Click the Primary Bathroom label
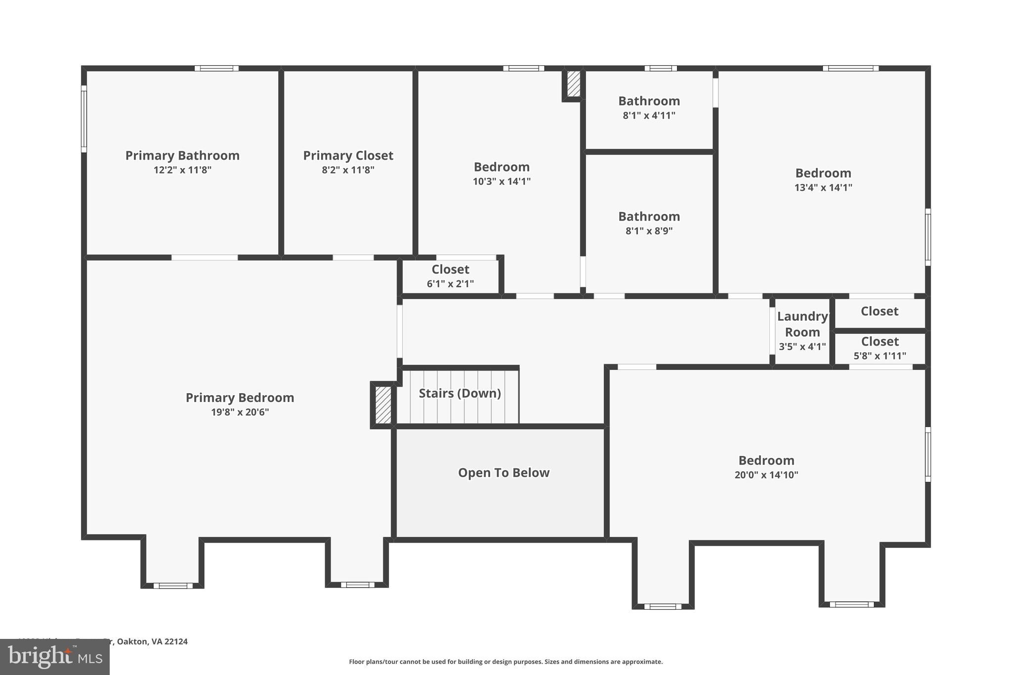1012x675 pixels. pyautogui.click(x=182, y=155)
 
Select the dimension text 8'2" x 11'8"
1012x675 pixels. pyautogui.click(x=348, y=170)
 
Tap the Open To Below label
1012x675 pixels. pyautogui.click(x=504, y=473)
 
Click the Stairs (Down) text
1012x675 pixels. pyautogui.click(x=460, y=393)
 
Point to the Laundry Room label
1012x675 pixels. pyautogui.click(x=802, y=324)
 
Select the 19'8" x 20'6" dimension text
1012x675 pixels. pyautogui.click(x=240, y=412)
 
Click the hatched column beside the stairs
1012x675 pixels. pyautogui.click(x=383, y=405)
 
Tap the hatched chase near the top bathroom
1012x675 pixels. pyautogui.click(x=573, y=84)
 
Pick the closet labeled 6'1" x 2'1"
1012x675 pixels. pyautogui.click(x=450, y=276)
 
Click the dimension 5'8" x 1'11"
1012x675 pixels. pyautogui.click(x=880, y=356)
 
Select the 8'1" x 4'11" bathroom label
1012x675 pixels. pyautogui.click(x=649, y=115)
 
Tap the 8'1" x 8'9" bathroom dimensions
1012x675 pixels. pyautogui.click(x=649, y=231)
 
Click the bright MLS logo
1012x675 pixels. pyautogui.click(x=55, y=657)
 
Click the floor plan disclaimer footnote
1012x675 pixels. pyautogui.click(x=506, y=662)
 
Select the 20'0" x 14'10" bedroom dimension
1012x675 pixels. pyautogui.click(x=766, y=475)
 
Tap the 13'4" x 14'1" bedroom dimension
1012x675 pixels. pyautogui.click(x=823, y=187)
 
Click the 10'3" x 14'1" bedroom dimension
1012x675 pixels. pyautogui.click(x=502, y=181)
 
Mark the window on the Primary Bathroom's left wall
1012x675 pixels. pyautogui.click(x=84, y=119)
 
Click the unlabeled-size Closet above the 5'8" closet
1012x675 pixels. pyautogui.click(x=879, y=312)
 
